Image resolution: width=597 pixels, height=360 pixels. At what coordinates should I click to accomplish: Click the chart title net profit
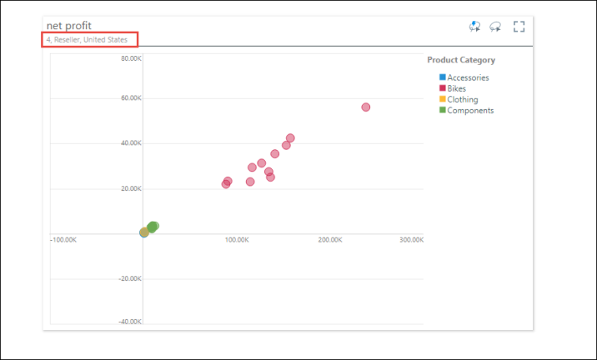pos(69,26)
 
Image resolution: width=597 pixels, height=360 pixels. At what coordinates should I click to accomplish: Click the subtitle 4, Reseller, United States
pos(88,39)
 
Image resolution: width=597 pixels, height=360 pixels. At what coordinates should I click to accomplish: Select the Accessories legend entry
pos(468,77)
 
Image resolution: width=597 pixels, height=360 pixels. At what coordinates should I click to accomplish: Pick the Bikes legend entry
pos(456,88)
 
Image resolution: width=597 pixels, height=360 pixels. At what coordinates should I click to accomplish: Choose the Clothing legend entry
pos(462,99)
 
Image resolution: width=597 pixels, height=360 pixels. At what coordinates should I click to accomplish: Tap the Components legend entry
pos(470,110)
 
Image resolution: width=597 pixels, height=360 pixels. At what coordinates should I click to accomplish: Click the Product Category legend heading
pos(461,60)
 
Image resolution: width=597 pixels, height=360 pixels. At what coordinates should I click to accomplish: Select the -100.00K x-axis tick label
pos(64,240)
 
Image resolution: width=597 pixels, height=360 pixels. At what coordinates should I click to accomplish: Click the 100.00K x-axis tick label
pos(237,240)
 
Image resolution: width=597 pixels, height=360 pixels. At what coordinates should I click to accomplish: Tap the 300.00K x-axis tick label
pos(411,240)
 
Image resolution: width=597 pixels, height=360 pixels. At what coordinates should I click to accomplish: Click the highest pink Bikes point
pos(365,107)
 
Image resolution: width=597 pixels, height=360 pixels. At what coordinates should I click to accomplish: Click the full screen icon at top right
pos(519,27)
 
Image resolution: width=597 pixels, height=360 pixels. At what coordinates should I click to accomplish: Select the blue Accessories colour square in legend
pos(443,77)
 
